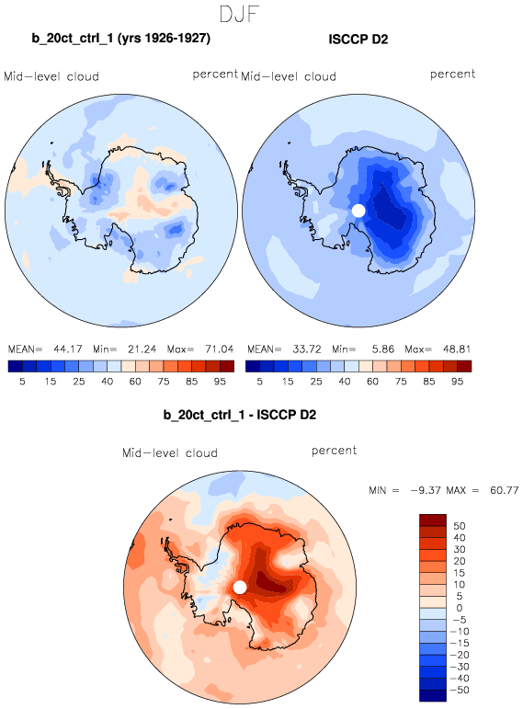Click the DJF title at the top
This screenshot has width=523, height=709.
pyautogui.click(x=239, y=14)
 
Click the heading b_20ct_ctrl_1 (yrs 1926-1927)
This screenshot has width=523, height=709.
pyautogui.click(x=120, y=39)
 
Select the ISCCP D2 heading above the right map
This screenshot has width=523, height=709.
pyautogui.click(x=358, y=40)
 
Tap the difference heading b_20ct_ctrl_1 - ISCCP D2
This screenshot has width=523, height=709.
pyautogui.click(x=240, y=415)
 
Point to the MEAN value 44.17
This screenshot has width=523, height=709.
pyautogui.click(x=68, y=349)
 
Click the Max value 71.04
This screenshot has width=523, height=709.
pyautogui.click(x=220, y=349)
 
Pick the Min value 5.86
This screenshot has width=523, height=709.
pyautogui.click(x=383, y=349)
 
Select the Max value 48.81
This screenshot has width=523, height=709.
pyautogui.click(x=457, y=349)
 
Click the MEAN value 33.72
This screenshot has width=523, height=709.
pyautogui.click(x=307, y=349)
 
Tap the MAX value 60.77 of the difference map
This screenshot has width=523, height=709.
pyautogui.click(x=504, y=490)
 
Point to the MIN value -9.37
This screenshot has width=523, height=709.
pyautogui.click(x=426, y=490)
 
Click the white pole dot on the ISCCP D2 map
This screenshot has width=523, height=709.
pyautogui.click(x=358, y=211)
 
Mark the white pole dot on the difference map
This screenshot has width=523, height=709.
pyautogui.click(x=240, y=588)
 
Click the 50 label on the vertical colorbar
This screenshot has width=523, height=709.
pyautogui.click(x=460, y=526)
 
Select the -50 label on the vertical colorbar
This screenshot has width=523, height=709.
pyautogui.click(x=460, y=690)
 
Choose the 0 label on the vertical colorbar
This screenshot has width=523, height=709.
pyautogui.click(x=460, y=608)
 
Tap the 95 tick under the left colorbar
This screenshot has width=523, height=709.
pyautogui.click(x=220, y=382)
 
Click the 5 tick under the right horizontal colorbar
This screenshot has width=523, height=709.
pyautogui.click(x=259, y=382)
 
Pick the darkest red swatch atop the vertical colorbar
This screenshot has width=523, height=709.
pyautogui.click(x=433, y=520)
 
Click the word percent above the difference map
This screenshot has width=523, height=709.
pyautogui.click(x=334, y=451)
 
